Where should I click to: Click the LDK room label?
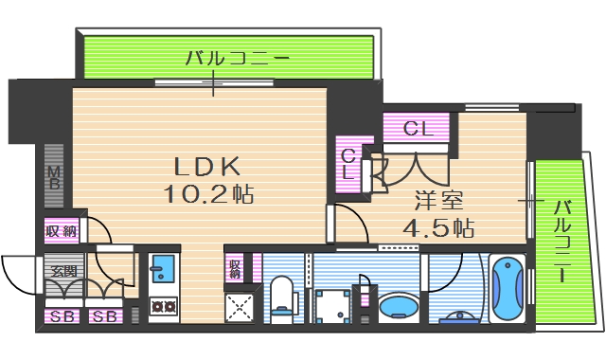pyautogui.click(x=205, y=167)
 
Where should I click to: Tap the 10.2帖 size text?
pyautogui.click(x=209, y=195)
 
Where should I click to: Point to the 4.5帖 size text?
pyautogui.click(x=438, y=228)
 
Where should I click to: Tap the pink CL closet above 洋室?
pyautogui.click(x=418, y=128)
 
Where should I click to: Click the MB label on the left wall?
pyautogui.click(x=54, y=176)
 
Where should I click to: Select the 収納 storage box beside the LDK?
pyautogui.click(x=61, y=229)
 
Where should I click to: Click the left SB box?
pyautogui.click(x=63, y=316)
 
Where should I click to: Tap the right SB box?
pyautogui.click(x=105, y=316)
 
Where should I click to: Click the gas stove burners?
pyautogui.click(x=162, y=307)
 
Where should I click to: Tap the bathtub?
pyautogui.click(x=508, y=288)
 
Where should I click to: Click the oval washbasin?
pyautogui.click(x=400, y=308)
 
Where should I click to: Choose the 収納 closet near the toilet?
pyautogui.click(x=234, y=267)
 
